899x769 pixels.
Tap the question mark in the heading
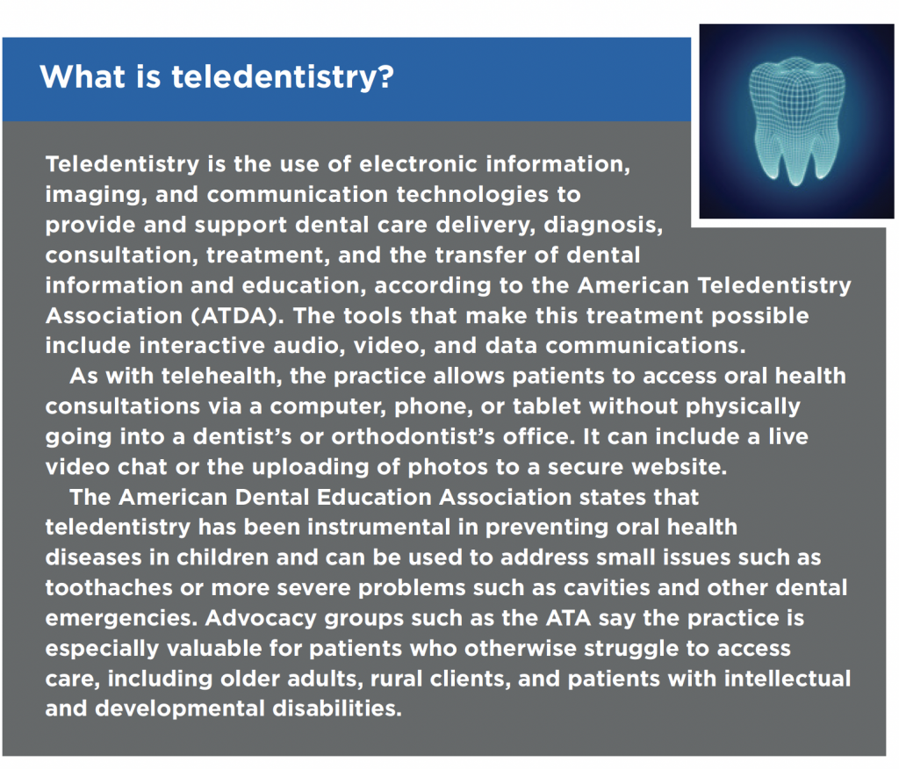pos(386,76)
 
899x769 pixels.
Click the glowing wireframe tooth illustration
pos(796,121)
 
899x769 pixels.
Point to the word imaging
pos(92,196)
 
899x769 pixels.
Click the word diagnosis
pos(602,226)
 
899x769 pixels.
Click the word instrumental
pos(379,527)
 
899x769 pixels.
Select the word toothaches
pos(109,588)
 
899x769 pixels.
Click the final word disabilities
pos(337,708)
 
